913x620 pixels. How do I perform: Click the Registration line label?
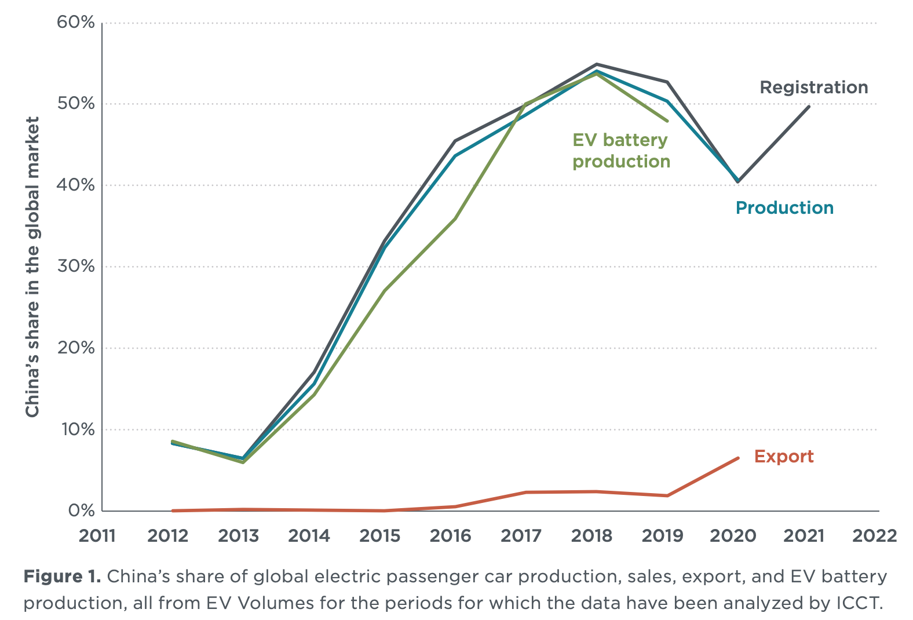[x=813, y=87]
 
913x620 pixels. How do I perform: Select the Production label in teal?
[x=784, y=208]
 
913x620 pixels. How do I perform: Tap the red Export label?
[x=783, y=457]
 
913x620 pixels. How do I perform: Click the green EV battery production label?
[x=621, y=151]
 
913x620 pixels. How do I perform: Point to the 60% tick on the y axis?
[x=75, y=23]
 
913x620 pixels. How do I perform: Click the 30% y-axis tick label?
[x=75, y=267]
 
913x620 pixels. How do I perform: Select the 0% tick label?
[x=81, y=510]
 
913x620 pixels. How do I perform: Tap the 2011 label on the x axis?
[x=97, y=536]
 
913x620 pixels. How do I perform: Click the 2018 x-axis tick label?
[x=591, y=536]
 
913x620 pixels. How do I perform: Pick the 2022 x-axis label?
[x=874, y=536]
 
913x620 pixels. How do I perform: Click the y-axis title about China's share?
[x=32, y=267]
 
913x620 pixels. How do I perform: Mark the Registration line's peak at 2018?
[x=596, y=64]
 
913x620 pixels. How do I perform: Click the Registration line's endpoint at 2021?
[x=809, y=106]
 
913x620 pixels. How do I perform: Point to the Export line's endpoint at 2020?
[x=737, y=458]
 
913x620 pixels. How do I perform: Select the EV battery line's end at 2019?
[x=667, y=121]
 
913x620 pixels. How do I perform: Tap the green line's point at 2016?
[x=455, y=218]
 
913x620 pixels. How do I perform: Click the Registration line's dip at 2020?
[x=737, y=181]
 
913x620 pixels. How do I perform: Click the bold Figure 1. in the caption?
[x=62, y=577]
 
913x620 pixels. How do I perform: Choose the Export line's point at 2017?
[x=526, y=492]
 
